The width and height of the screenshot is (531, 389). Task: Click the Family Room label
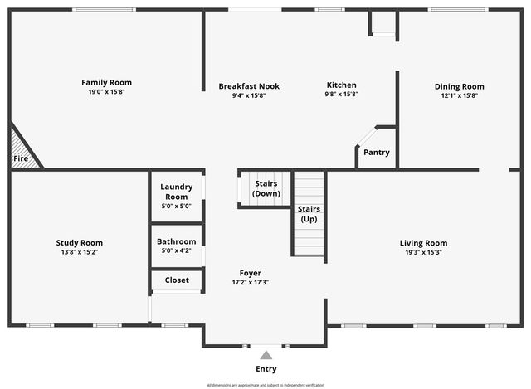click(106, 82)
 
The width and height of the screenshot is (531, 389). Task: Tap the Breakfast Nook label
click(249, 85)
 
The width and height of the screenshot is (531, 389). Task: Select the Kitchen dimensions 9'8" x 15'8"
click(341, 95)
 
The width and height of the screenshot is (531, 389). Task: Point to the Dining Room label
click(459, 86)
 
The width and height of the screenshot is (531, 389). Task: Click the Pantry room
click(377, 152)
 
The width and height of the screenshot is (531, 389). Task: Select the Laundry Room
click(176, 196)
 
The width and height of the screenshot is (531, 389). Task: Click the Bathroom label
click(176, 241)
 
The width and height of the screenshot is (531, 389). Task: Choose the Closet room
click(177, 280)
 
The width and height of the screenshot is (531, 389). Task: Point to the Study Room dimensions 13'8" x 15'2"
click(80, 252)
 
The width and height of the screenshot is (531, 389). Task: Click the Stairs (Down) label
click(266, 188)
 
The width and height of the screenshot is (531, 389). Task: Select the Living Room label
click(423, 243)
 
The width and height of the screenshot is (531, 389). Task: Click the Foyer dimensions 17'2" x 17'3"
click(250, 282)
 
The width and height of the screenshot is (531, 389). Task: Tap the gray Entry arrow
click(266, 355)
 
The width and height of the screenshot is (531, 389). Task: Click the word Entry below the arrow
click(266, 369)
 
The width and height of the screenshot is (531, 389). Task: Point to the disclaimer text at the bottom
click(266, 385)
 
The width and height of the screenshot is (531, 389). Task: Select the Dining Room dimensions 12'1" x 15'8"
click(459, 95)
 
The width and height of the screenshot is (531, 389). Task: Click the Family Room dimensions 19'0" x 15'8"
click(106, 91)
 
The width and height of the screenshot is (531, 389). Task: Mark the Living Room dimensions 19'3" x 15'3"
click(423, 252)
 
